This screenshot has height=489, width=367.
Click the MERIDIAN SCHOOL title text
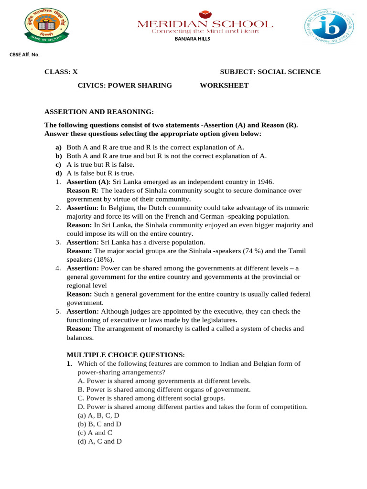tap(205, 24)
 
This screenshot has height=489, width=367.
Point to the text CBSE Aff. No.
tap(24, 55)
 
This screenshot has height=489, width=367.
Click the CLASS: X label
tap(61, 72)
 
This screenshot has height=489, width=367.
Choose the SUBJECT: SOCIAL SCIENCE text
tap(270, 72)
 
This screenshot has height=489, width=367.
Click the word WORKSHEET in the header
tap(224, 85)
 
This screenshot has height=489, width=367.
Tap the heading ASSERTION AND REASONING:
tap(99, 112)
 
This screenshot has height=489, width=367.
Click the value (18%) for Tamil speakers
tap(104, 260)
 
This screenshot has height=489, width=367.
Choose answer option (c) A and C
tap(95, 433)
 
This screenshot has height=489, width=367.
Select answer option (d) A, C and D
tap(99, 441)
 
